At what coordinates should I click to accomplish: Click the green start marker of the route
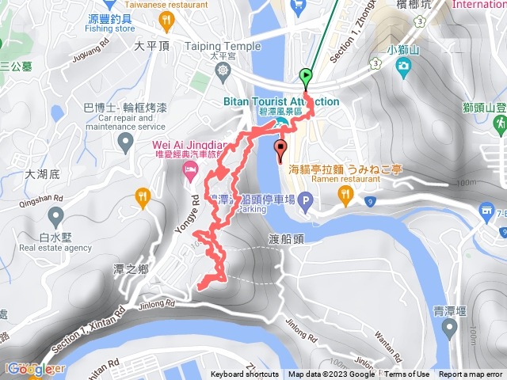tap(306, 78)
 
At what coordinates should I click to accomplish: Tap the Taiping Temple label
tap(223, 46)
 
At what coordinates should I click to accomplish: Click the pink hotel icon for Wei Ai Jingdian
tap(190, 170)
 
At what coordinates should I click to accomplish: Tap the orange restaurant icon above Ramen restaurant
tap(344, 194)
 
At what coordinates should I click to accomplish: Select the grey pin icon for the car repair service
tap(124, 142)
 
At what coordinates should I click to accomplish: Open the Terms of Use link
tap(407, 374)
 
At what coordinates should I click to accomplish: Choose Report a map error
tap(471, 374)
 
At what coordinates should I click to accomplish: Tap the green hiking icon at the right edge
tap(501, 123)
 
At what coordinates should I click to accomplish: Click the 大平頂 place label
tap(153, 46)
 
